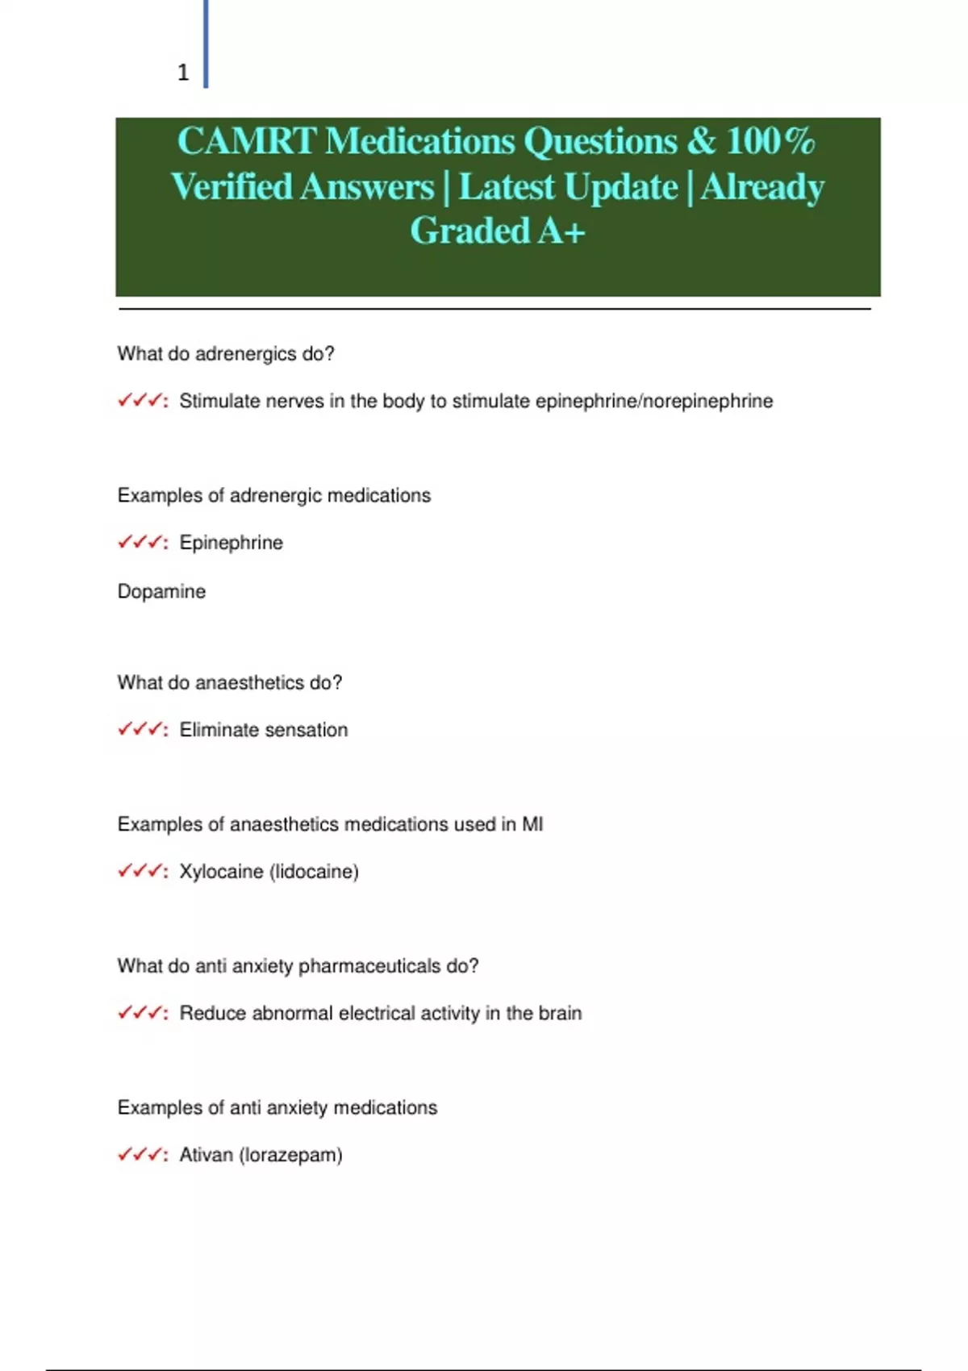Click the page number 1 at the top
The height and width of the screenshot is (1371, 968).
(x=183, y=73)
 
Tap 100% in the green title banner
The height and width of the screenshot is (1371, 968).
(x=770, y=141)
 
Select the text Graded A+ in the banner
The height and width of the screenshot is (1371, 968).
(x=497, y=231)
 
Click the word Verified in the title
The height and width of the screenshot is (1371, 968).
(x=232, y=187)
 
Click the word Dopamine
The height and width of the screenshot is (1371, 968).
(x=161, y=591)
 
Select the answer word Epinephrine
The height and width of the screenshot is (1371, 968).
(x=231, y=543)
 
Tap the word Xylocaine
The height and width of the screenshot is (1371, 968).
(x=221, y=872)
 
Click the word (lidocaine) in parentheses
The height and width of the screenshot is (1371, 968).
(x=314, y=872)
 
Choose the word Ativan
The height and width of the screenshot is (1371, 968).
(x=206, y=1155)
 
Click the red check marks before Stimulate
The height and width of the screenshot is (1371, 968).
(x=141, y=401)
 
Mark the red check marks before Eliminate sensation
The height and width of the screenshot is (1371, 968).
(x=141, y=730)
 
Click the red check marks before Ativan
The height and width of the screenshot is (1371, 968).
(x=141, y=1155)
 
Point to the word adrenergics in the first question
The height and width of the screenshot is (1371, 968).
(x=235, y=354)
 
